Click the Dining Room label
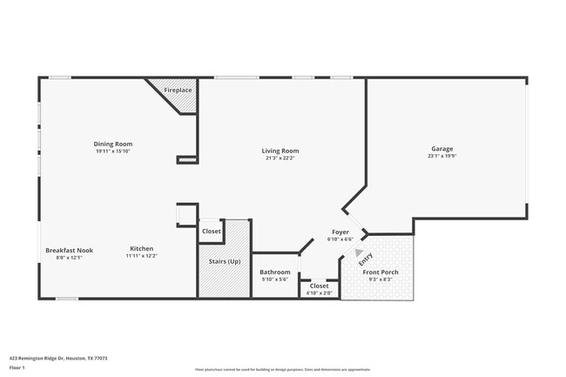(113, 144)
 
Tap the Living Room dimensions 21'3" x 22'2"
(280, 158)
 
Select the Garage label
(441, 148)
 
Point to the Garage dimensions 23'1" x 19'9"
(441, 156)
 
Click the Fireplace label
(178, 90)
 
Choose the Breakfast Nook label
(69, 250)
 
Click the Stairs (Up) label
(225, 261)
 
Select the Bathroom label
(275, 273)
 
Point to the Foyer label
(340, 232)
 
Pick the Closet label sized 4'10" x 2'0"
(320, 285)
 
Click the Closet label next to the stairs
(212, 231)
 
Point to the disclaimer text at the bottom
(282, 370)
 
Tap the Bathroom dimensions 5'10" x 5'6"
(275, 280)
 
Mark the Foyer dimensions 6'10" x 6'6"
(340, 239)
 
